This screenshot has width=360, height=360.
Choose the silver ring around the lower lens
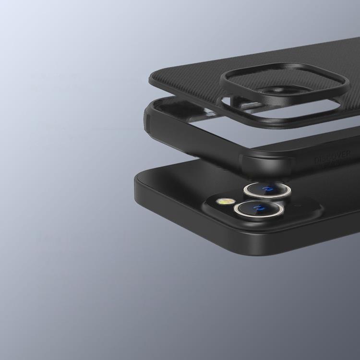point(237,211)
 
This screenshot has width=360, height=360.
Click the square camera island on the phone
point(250,202)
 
